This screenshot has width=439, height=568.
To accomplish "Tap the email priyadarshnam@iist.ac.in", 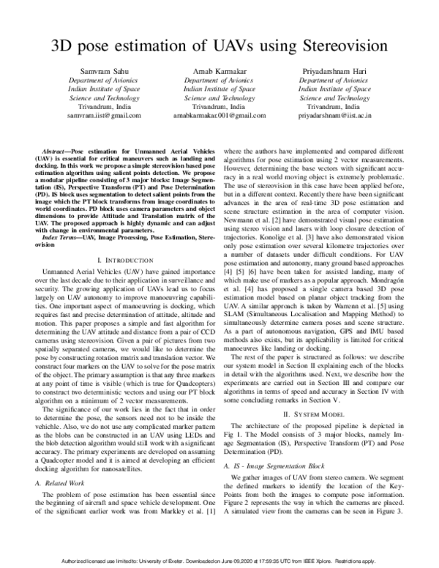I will (333, 116).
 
